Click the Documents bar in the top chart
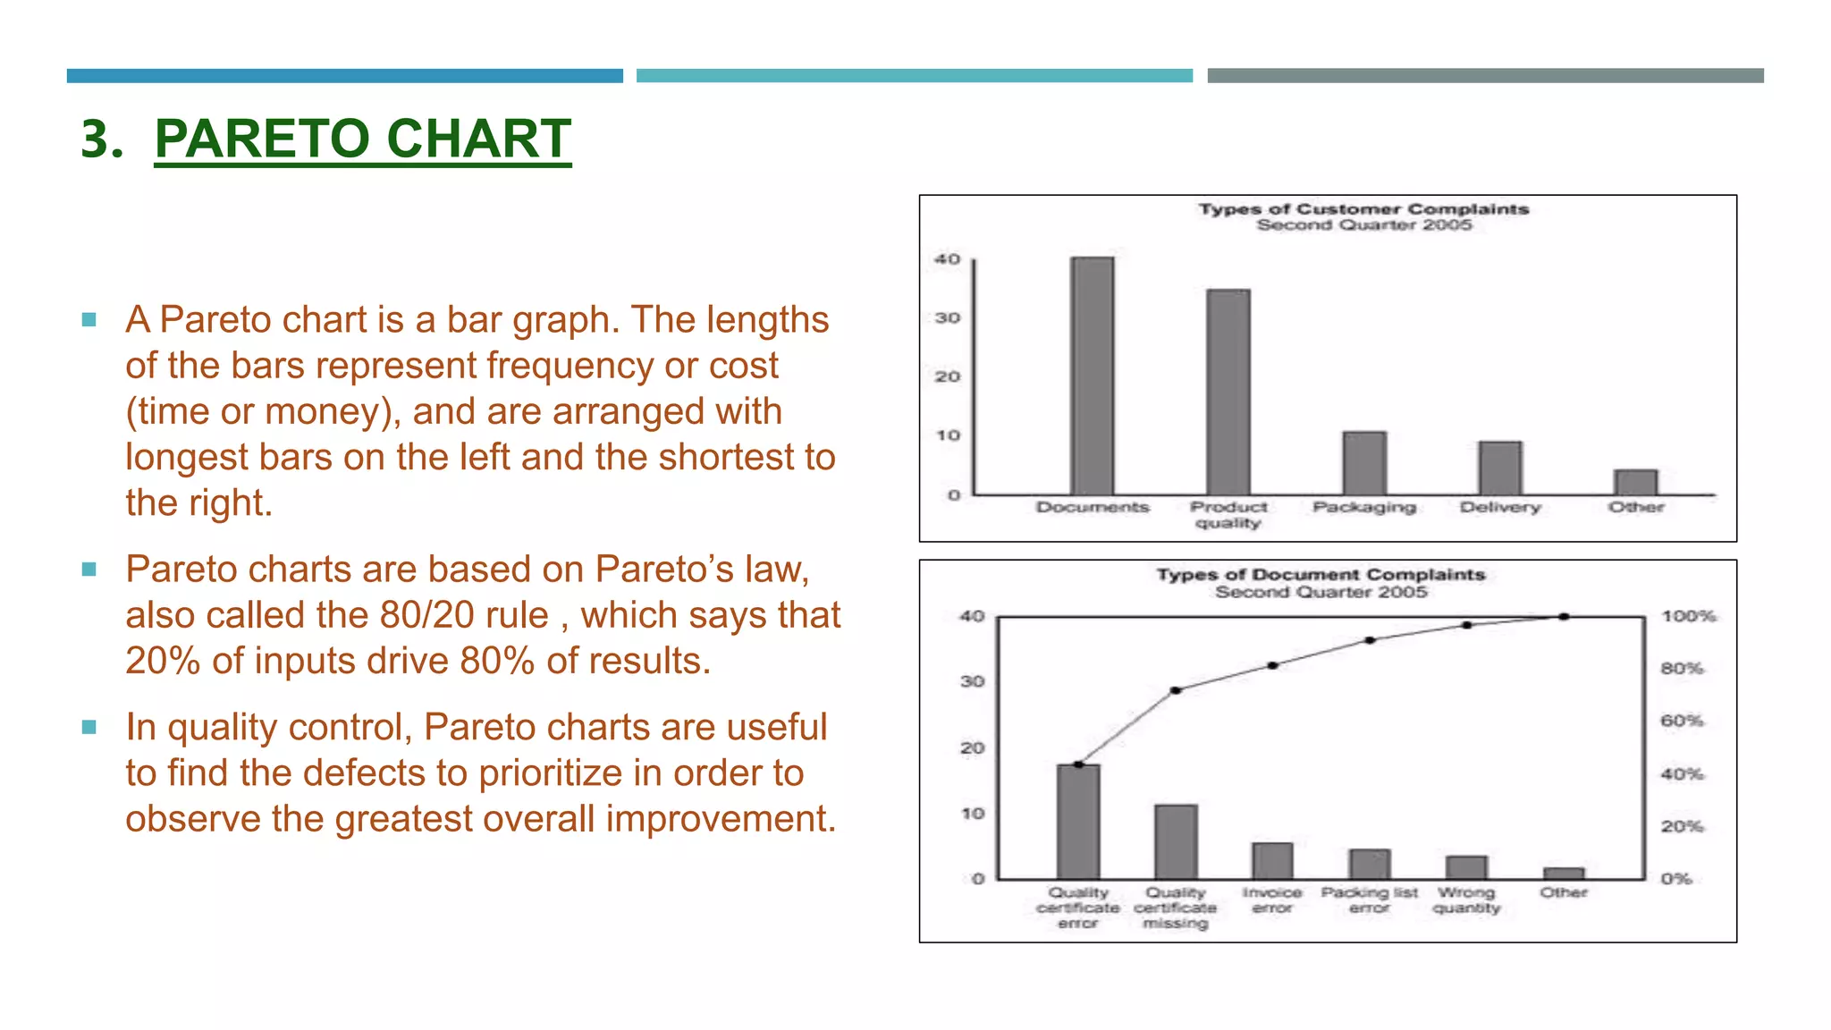[x=1092, y=376]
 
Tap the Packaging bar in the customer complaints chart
[x=1364, y=463]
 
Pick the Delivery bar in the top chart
[x=1499, y=468]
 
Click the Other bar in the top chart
[x=1635, y=482]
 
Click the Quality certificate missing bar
[x=1176, y=841]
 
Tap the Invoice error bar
[x=1272, y=860]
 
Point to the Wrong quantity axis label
[x=1466, y=899]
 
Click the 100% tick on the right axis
[x=1688, y=616]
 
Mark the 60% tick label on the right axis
[x=1682, y=721]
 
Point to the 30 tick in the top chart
[x=947, y=317]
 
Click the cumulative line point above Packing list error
[x=1370, y=640]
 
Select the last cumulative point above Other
[x=1564, y=616]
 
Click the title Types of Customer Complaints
[x=1363, y=208]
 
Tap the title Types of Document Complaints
[x=1321, y=574]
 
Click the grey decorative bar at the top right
[x=1485, y=76]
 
